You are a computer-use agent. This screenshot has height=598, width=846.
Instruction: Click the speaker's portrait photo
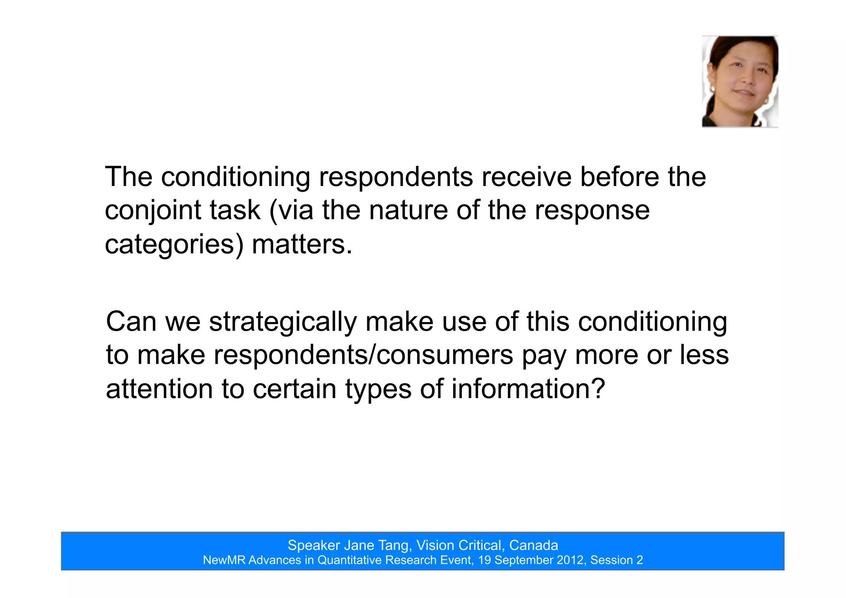740,81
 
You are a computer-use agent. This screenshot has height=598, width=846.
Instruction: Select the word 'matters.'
302,245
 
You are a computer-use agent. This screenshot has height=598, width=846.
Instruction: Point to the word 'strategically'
283,322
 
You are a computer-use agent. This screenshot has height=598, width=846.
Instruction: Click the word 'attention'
159,389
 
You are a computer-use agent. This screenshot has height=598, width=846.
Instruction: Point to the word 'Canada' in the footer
533,546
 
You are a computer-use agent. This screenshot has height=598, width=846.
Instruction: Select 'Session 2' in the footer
616,560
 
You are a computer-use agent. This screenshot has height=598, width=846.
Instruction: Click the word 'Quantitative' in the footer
349,560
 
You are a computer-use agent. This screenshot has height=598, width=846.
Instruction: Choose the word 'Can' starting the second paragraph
131,322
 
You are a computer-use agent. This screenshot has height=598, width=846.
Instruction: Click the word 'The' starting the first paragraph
128,177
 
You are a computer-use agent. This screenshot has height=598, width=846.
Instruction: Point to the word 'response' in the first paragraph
592,211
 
